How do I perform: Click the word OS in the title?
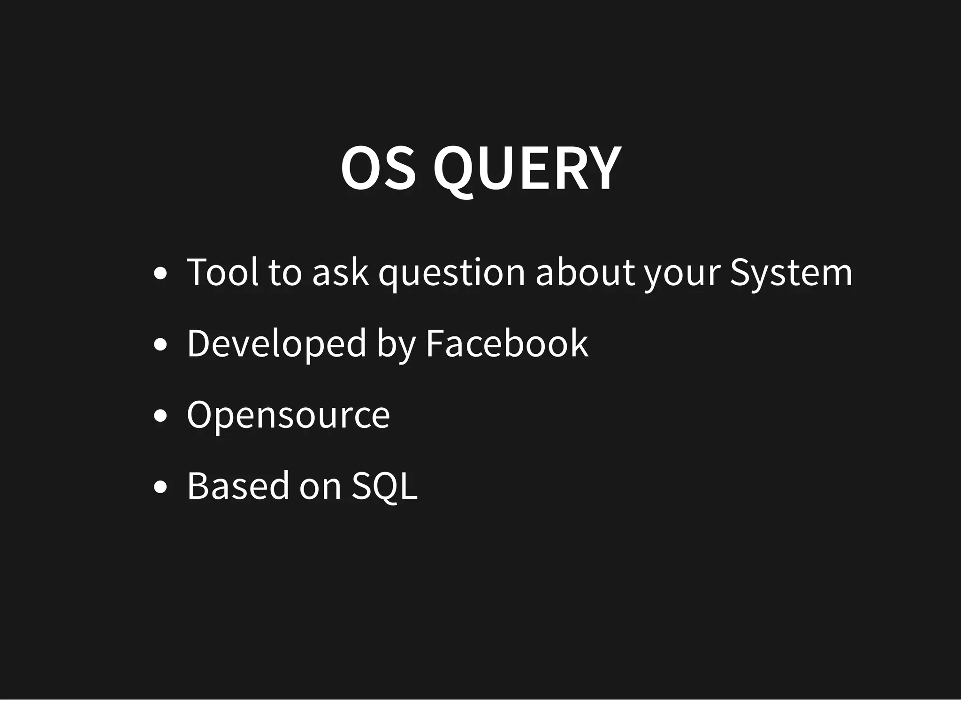[378, 168]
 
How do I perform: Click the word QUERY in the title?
[527, 168]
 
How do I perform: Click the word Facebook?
[507, 343]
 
